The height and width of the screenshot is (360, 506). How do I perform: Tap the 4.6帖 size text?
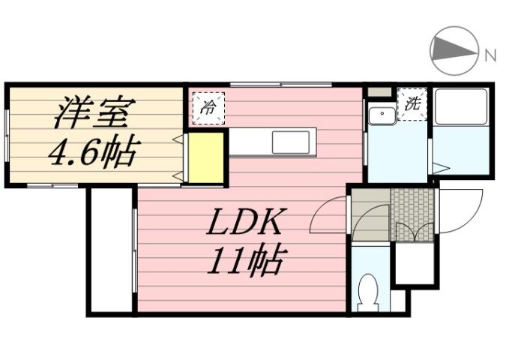(92, 153)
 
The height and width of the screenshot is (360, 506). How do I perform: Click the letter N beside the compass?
(490, 55)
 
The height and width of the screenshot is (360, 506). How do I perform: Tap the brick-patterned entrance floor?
(412, 214)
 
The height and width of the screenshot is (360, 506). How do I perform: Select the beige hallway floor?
(370, 214)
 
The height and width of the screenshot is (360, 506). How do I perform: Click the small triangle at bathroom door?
(440, 169)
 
